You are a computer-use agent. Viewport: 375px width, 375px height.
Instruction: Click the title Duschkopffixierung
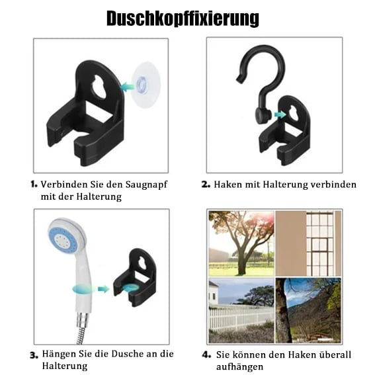[x=183, y=18]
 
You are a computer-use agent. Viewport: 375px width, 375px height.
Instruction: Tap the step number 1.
[x=33, y=185]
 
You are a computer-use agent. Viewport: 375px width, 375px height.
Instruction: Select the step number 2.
[x=206, y=185]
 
